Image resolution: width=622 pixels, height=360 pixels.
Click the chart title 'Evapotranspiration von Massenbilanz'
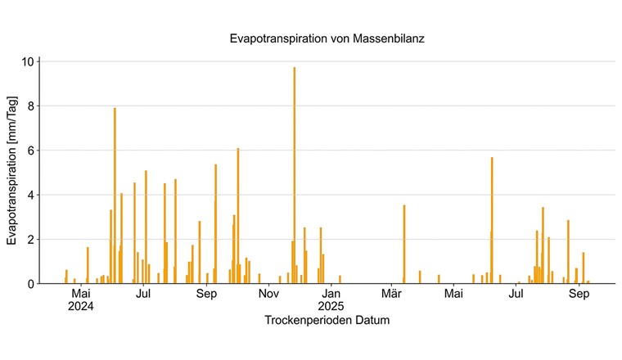tap(327, 38)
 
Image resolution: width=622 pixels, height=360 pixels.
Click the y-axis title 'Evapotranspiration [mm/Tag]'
tap(12, 172)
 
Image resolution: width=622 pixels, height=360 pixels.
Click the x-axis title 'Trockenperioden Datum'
tap(327, 321)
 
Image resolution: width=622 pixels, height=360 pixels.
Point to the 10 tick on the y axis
tap(28, 61)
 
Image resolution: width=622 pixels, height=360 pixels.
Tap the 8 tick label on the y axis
tap(30, 106)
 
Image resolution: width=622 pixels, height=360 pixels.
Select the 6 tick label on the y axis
tap(30, 151)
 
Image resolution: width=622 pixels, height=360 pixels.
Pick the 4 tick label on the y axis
tap(30, 195)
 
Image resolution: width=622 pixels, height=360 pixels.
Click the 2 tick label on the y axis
tap(30, 240)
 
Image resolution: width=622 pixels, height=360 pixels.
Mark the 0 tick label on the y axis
tap(30, 284)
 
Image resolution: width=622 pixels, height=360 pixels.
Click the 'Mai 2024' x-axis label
tap(81, 300)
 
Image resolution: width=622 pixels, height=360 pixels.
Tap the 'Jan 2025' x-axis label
tap(331, 300)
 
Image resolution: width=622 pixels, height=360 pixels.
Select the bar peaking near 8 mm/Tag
tap(115, 196)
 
